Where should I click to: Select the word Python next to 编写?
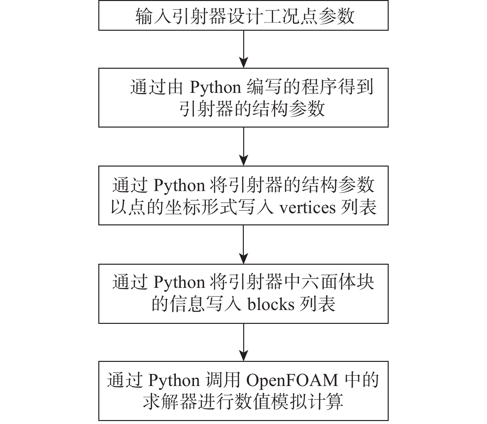215,88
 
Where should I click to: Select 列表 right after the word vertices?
359,207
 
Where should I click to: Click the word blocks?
271,304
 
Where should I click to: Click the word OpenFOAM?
292,380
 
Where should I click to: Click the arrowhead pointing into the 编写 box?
243,63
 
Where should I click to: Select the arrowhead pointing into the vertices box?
243,160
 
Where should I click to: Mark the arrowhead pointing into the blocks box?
243,258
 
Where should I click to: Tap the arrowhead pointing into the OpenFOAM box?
243,356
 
